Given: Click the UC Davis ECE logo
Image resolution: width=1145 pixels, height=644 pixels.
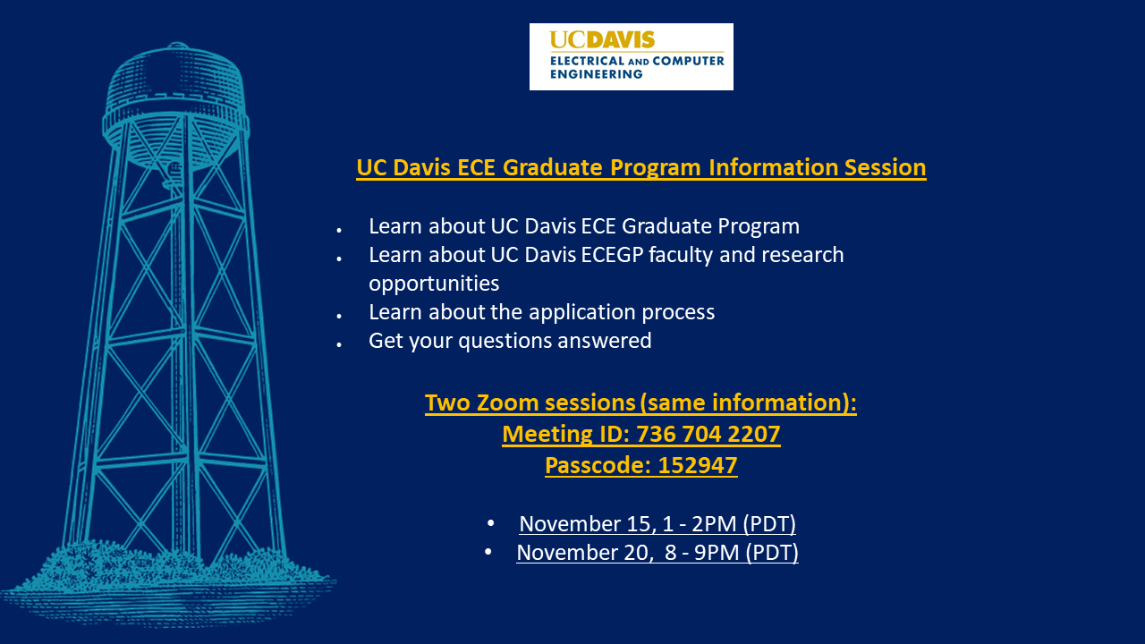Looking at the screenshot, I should coord(631,56).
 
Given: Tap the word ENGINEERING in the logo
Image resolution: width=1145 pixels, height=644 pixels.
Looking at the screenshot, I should coord(596,74).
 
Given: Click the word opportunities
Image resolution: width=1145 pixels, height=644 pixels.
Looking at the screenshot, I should coord(434,284).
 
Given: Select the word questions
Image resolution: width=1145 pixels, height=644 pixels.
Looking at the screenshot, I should coord(509,341).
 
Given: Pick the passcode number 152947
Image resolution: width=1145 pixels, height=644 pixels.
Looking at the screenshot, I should coord(697,466).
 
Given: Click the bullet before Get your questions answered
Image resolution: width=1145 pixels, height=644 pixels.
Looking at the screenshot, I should coord(340,343).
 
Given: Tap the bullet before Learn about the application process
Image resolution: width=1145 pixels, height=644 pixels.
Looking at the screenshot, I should coord(340,315).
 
